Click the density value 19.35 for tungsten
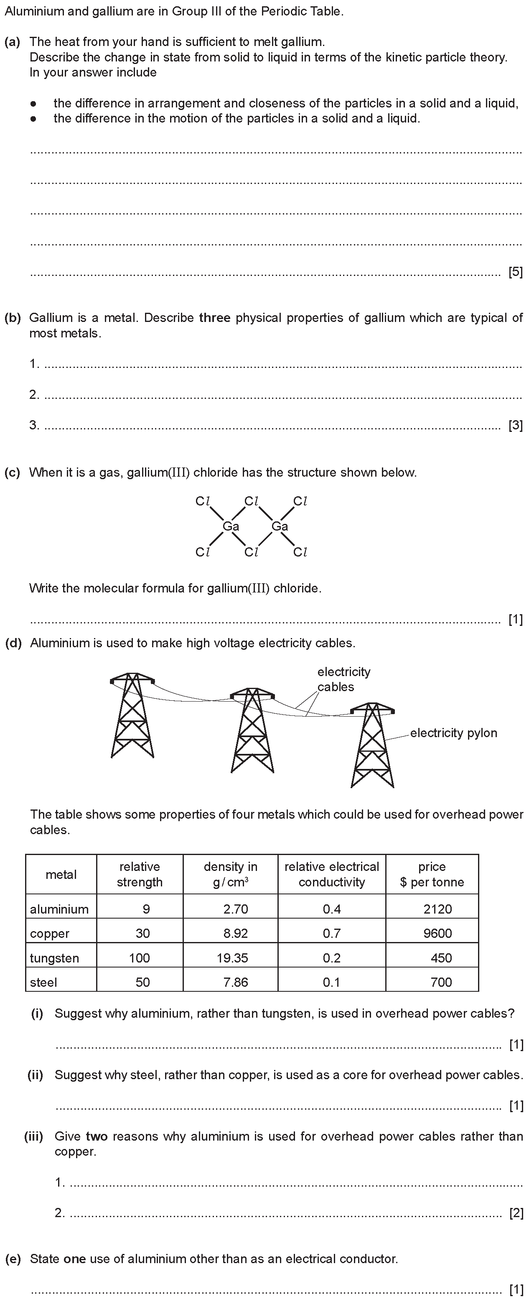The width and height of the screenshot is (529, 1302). (x=235, y=958)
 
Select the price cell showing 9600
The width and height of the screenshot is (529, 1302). (x=437, y=933)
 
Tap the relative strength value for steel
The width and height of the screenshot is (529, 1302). (x=142, y=982)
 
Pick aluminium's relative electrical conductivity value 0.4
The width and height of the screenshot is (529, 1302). (x=331, y=909)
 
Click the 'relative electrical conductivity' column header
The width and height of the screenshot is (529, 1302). (x=331, y=874)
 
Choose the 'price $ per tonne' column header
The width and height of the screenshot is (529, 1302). (x=432, y=874)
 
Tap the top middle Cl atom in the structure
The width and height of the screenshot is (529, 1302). (x=251, y=501)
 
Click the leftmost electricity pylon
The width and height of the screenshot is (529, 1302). (x=132, y=715)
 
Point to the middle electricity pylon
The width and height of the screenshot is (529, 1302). (x=252, y=730)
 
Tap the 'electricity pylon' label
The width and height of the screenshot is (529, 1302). (x=453, y=733)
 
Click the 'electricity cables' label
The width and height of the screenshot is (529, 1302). (x=343, y=679)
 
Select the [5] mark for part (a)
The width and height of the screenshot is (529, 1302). (x=515, y=273)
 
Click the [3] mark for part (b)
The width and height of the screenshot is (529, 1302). (x=515, y=425)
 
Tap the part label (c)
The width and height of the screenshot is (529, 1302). (x=12, y=472)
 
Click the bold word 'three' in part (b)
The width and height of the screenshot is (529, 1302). (x=215, y=318)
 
